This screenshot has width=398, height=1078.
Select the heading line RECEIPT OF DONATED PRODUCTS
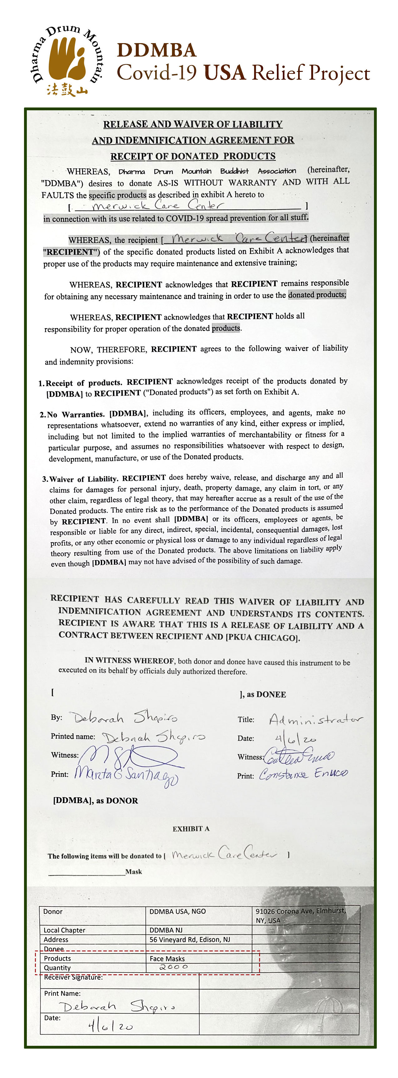[x=193, y=156]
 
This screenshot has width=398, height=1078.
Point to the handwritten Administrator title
[x=316, y=719]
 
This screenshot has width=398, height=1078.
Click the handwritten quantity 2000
[x=174, y=967]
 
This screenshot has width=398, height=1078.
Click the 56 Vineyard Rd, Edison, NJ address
[x=189, y=940]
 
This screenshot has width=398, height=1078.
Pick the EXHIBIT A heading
[x=191, y=829]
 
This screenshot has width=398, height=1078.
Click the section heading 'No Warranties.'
[x=76, y=414]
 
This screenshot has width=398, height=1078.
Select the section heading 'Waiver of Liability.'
[x=84, y=479]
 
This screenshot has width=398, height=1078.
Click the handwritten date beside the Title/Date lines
[x=295, y=739]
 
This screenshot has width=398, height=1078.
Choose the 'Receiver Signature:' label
[x=73, y=977]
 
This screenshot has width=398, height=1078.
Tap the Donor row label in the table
[x=53, y=911]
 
